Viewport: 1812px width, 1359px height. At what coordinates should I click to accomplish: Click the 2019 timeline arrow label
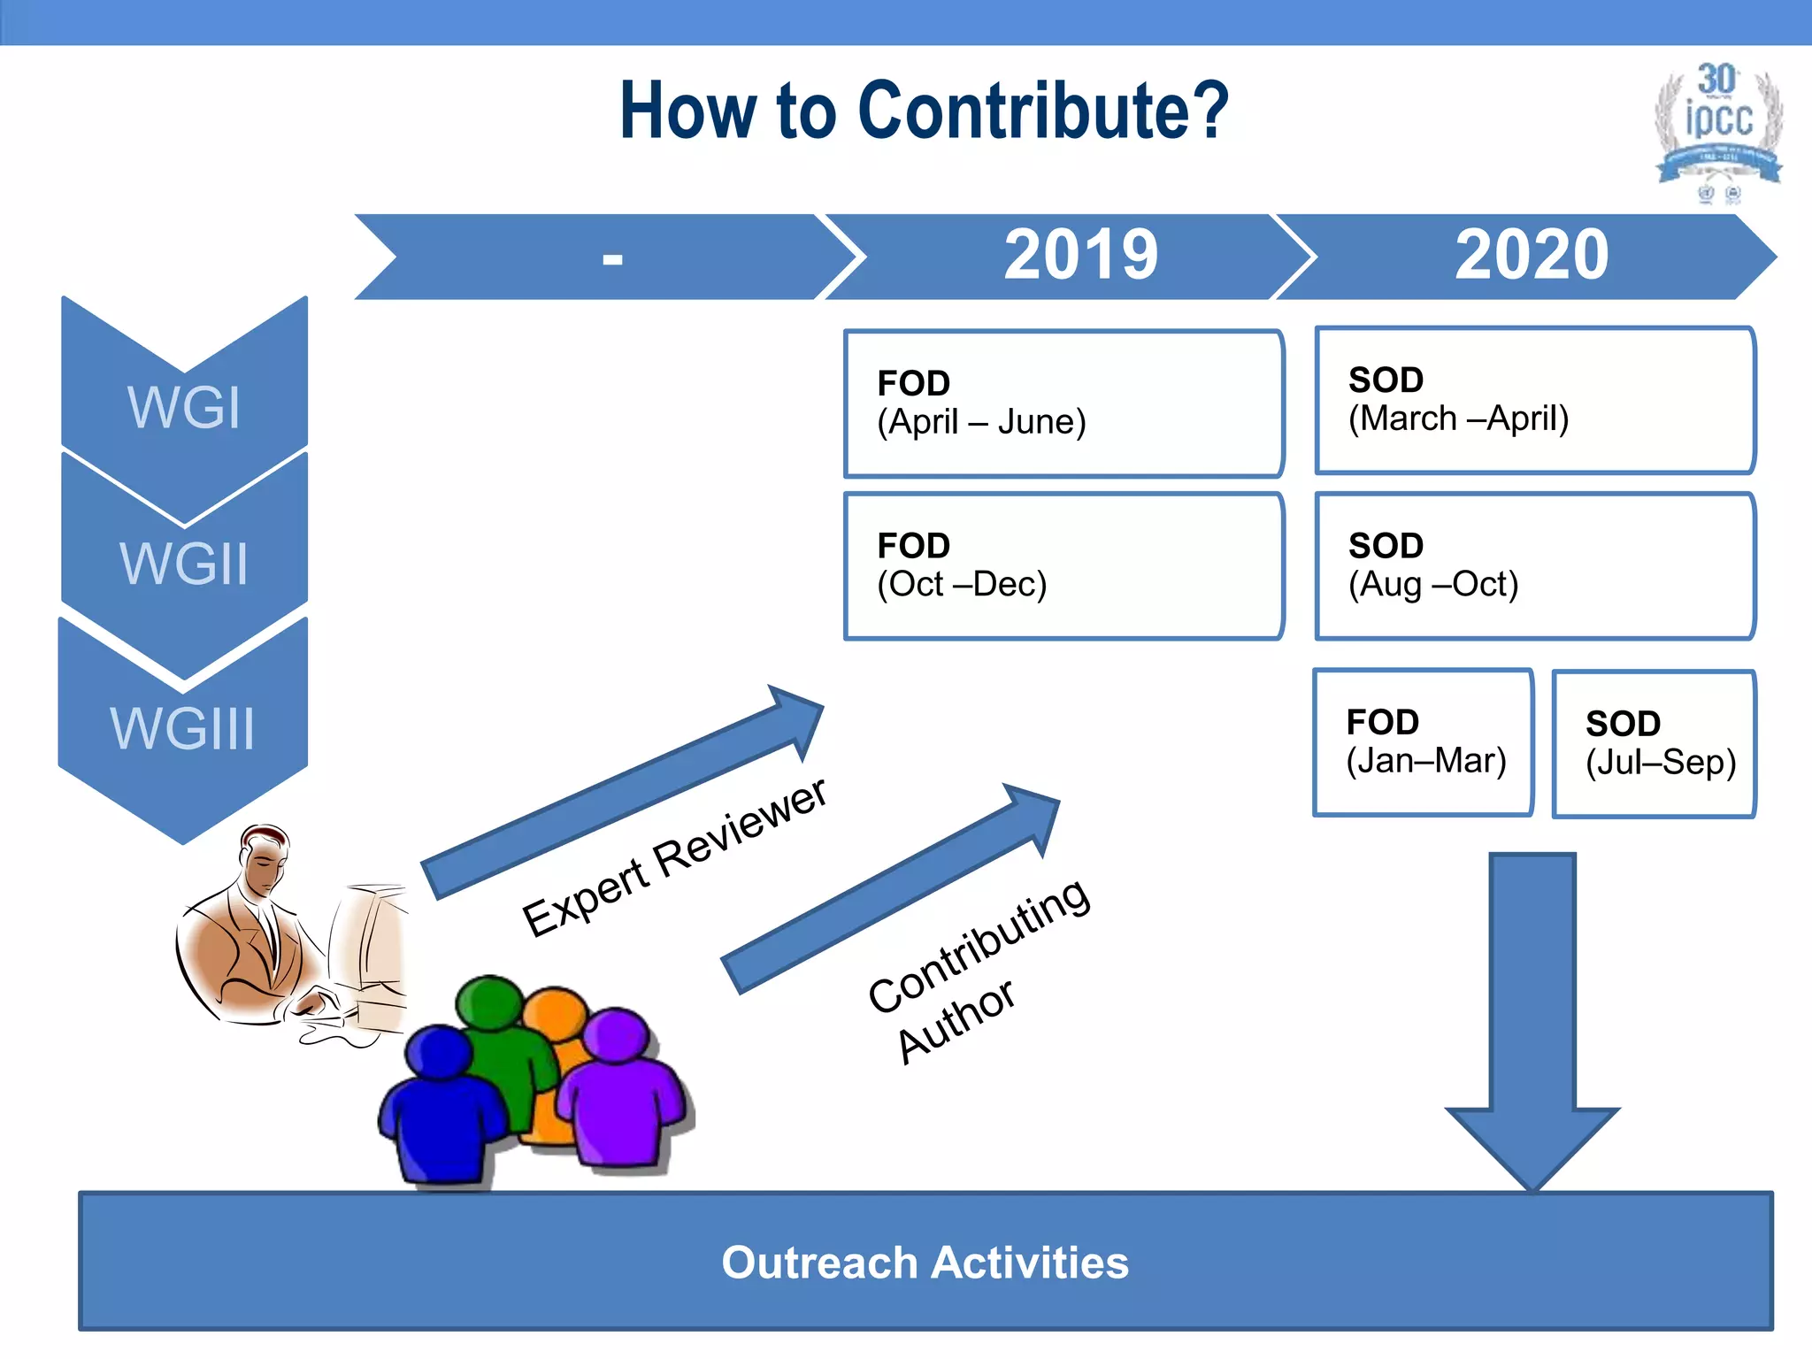pyautogui.click(x=1080, y=256)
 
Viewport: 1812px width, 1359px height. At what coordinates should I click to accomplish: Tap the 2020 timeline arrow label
pyautogui.click(x=1532, y=256)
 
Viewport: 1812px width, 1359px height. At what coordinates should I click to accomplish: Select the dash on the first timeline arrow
pyautogui.click(x=612, y=258)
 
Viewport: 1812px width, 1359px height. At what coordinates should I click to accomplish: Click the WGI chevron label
pyautogui.click(x=184, y=407)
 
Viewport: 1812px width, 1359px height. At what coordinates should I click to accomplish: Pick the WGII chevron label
pyautogui.click(x=184, y=563)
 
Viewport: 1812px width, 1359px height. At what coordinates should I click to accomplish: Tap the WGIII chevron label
pyautogui.click(x=182, y=729)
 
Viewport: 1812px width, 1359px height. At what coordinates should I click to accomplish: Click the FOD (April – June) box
pyautogui.click(x=1063, y=403)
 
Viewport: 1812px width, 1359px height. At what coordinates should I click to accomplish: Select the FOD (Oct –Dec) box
pyautogui.click(x=1063, y=565)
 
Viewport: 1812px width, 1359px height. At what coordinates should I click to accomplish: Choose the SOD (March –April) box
pyautogui.click(x=1534, y=401)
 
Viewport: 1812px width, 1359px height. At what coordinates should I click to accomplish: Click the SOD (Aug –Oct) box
pyautogui.click(x=1534, y=565)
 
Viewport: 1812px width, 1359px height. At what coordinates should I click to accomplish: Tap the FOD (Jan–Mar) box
pyautogui.click(x=1423, y=742)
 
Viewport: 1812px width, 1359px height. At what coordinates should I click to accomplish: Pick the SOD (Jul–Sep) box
pyautogui.click(x=1655, y=744)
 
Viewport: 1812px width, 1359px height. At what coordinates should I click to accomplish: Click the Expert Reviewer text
pyautogui.click(x=674, y=856)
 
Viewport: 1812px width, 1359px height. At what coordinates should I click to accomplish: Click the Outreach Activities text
pyautogui.click(x=925, y=1263)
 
